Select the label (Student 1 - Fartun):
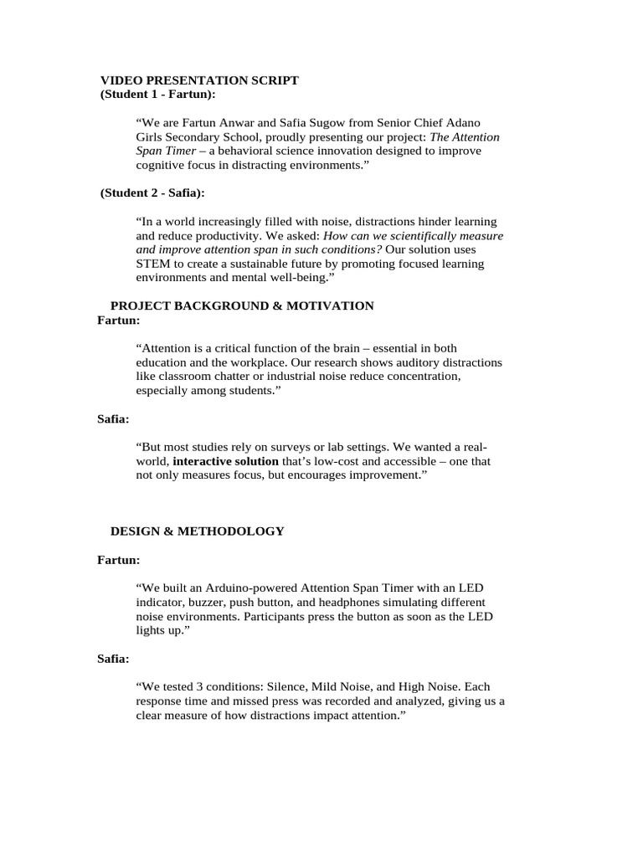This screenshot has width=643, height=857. (x=157, y=95)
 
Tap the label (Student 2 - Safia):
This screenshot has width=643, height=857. (x=152, y=193)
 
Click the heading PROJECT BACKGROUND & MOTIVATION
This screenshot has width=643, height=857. (x=242, y=306)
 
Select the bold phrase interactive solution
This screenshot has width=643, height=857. (x=225, y=461)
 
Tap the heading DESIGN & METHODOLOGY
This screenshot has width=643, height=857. (x=198, y=531)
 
